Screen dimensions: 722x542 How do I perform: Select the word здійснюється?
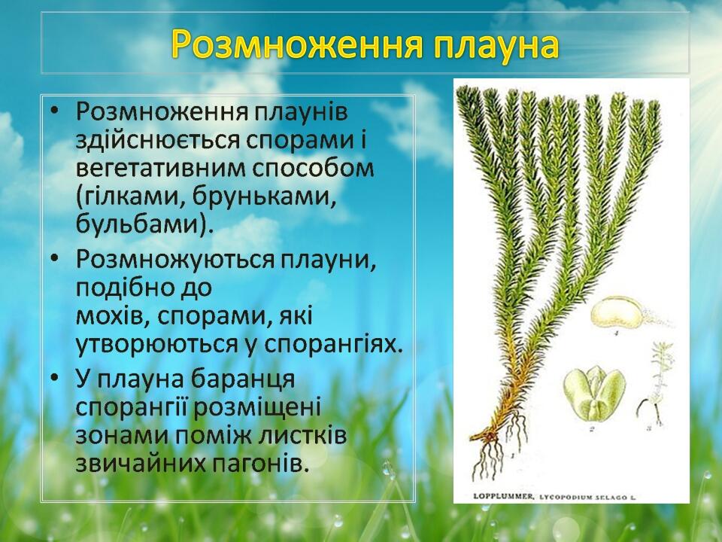coord(157,141)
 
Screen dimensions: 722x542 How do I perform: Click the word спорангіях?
coord(332,345)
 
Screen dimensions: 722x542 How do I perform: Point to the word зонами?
coord(120,436)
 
